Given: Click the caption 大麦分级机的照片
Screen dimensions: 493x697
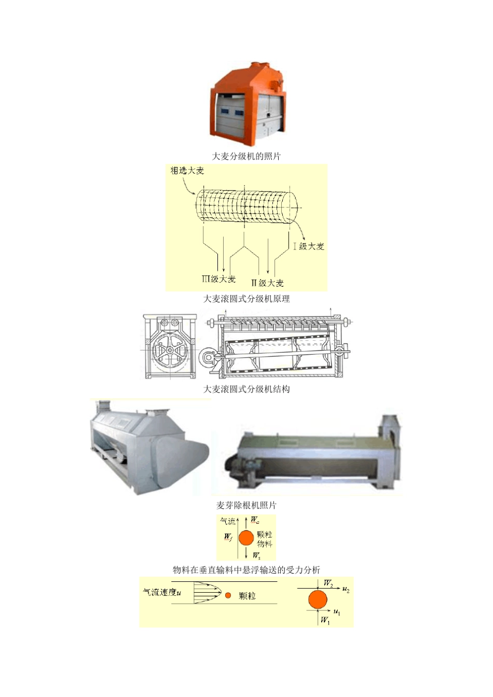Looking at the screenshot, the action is point(246,156).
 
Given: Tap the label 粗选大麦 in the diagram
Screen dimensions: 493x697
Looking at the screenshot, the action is point(187,171).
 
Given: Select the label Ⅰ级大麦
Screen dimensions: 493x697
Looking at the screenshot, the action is point(309,246).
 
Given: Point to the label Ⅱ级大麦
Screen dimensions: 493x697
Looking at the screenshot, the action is point(268,283).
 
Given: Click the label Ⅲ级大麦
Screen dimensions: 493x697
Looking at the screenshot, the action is point(218,279).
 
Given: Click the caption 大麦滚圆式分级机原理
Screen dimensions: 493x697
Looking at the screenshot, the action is point(246,299).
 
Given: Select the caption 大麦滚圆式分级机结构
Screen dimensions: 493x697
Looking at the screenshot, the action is point(246,389).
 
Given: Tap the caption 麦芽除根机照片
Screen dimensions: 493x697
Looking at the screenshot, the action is point(246,505).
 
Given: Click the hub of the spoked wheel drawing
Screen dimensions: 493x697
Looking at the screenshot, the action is point(170,350).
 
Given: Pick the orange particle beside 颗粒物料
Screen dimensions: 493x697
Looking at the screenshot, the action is point(246,538).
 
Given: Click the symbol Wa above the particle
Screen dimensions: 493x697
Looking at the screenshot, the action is point(255,520).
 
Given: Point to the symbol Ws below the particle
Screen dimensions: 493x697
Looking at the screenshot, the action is point(256,555).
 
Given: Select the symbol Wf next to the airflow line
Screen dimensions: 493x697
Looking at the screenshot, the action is point(228,537).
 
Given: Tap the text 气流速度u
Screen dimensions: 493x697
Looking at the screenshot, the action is point(161,592).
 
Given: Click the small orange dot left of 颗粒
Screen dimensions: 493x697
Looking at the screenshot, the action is point(228,595).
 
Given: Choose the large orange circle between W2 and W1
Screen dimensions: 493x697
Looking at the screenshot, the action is point(318,600).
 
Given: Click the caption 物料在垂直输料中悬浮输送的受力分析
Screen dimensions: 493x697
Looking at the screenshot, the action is point(246,570).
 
